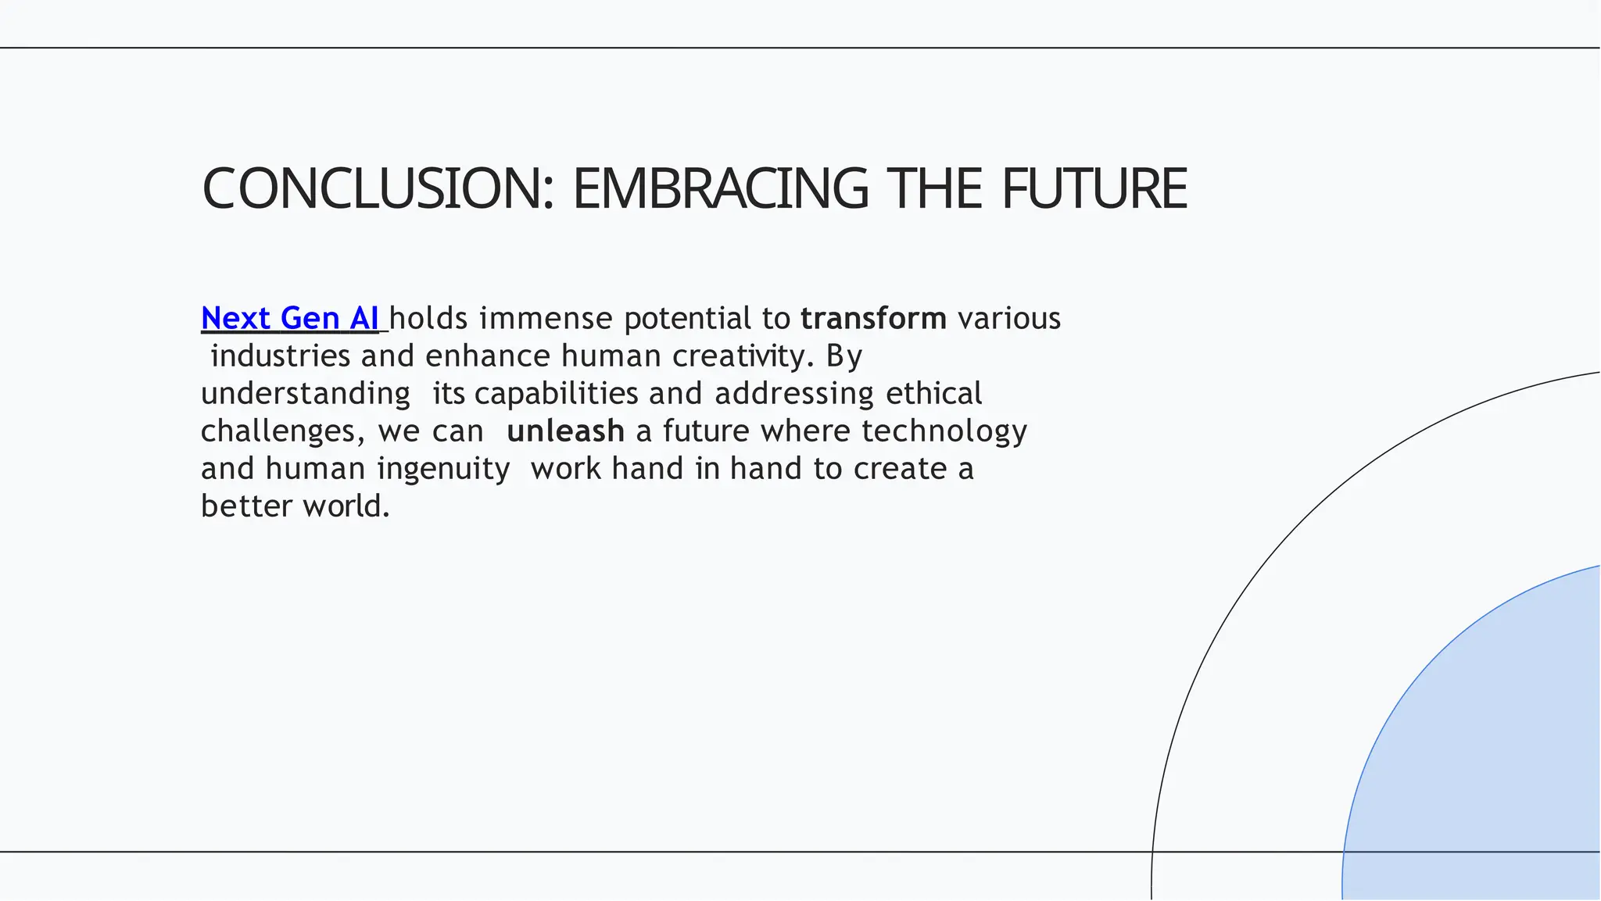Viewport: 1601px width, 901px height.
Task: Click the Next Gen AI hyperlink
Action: click(x=289, y=318)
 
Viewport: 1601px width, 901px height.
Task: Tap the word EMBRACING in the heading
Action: click(x=720, y=189)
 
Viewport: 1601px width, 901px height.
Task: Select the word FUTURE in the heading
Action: click(x=1094, y=189)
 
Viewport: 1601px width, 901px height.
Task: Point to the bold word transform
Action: click(x=873, y=318)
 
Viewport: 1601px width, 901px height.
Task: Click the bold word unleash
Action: click(x=565, y=431)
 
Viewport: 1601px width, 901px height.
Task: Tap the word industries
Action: click(x=281, y=356)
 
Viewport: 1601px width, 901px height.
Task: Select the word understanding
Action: click(x=306, y=393)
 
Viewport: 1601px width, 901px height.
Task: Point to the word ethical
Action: click(x=933, y=393)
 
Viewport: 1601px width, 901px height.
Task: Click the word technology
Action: click(x=944, y=431)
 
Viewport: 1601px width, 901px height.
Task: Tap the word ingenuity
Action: click(x=443, y=468)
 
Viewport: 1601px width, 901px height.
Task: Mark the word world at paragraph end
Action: click(x=345, y=506)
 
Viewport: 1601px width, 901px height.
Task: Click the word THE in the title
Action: click(x=933, y=189)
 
